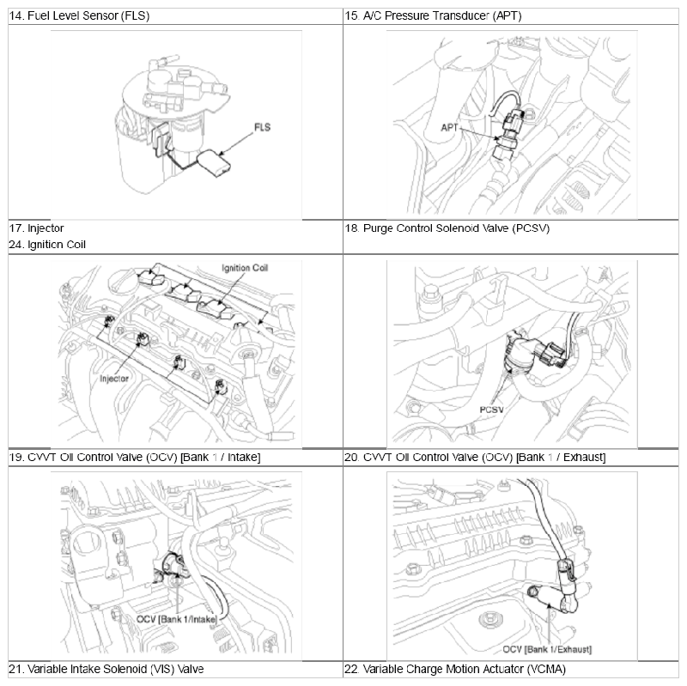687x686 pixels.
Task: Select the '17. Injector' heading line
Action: point(37,228)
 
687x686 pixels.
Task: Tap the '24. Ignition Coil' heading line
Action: point(48,244)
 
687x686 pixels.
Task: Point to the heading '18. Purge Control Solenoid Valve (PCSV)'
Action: point(447,228)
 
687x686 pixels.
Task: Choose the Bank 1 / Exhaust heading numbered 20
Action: point(475,457)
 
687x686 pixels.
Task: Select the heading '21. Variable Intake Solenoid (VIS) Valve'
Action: point(106,668)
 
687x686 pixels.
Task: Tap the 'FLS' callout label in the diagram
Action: point(262,127)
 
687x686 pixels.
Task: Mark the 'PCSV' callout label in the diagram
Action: point(491,410)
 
